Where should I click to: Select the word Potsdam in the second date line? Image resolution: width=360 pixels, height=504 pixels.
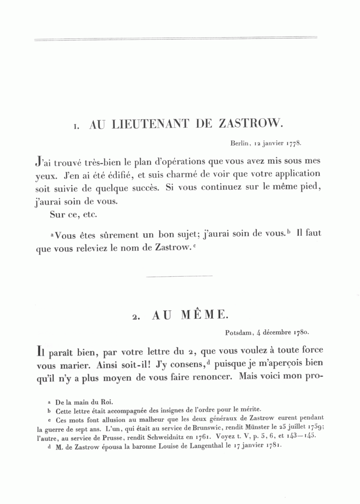pos(238,332)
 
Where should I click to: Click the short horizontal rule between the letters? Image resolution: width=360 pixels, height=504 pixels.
pos(180,276)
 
